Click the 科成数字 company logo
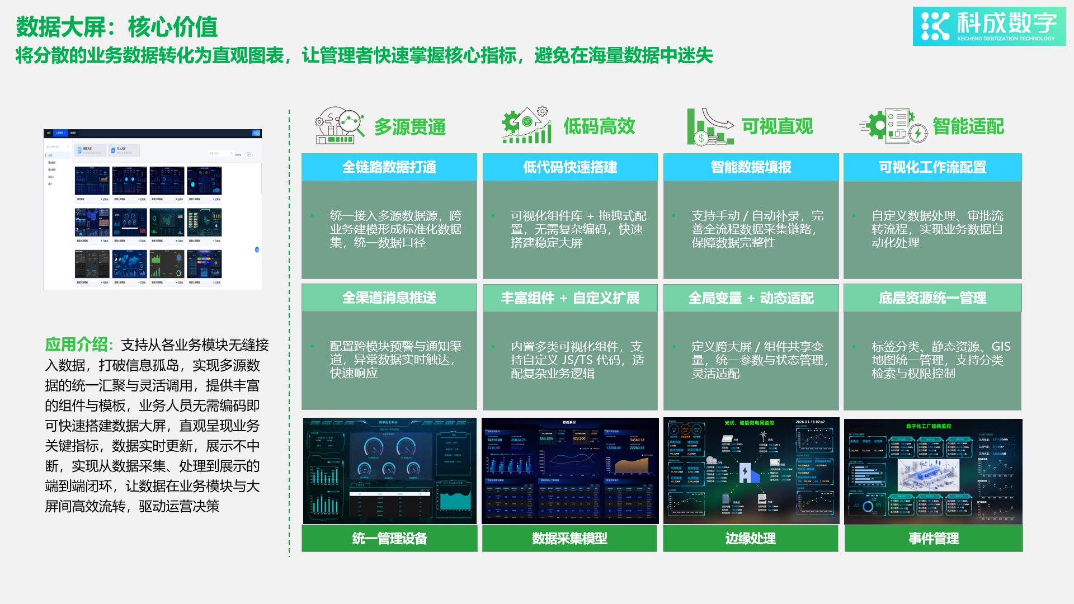pos(989,26)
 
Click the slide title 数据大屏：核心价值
pos(116,27)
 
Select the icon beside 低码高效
pos(526,125)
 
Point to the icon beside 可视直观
pos(709,126)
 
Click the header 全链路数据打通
pos(389,167)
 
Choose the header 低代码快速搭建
pos(569,167)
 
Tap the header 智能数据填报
pos(751,167)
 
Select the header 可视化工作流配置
pos(932,167)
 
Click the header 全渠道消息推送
pos(389,298)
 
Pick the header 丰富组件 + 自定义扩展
pos(569,298)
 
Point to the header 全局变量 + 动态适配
pos(751,298)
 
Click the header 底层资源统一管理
pos(932,298)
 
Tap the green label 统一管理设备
pos(389,539)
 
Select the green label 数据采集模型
pos(569,539)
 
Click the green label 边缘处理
pos(750,539)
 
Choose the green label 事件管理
pos(933,539)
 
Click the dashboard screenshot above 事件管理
pos(933,471)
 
